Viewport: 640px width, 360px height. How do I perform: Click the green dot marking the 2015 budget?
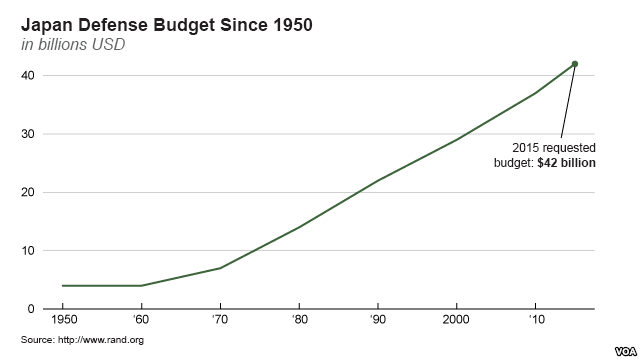click(x=575, y=64)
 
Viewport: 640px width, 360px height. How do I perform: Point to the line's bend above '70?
click(x=220, y=268)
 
